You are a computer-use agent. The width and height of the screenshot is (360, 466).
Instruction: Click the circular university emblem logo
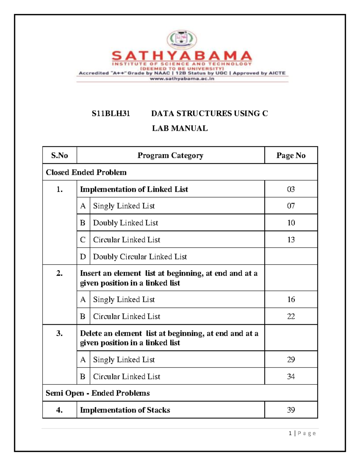click(182, 40)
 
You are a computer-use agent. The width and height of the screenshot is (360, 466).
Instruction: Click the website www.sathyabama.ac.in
click(182, 79)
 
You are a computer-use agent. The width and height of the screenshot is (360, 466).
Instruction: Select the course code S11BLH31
click(111, 113)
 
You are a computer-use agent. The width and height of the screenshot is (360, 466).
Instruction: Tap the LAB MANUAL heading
click(180, 128)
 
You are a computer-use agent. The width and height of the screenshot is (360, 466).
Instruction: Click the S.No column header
click(59, 155)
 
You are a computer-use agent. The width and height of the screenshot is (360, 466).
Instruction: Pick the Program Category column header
click(170, 155)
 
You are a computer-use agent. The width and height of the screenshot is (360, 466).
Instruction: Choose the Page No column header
click(291, 155)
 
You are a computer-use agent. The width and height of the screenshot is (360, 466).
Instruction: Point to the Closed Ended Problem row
click(86, 172)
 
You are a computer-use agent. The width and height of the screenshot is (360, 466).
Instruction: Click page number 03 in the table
click(291, 189)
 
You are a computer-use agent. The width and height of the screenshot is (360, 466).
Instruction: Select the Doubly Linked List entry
click(125, 223)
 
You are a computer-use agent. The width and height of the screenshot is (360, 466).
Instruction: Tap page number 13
click(291, 239)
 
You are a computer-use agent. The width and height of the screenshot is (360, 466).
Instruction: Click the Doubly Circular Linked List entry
click(140, 257)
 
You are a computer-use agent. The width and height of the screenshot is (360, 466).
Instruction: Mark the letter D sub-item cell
click(83, 257)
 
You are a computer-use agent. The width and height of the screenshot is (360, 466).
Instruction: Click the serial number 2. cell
click(59, 273)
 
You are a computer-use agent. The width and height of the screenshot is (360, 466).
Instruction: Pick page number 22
click(291, 316)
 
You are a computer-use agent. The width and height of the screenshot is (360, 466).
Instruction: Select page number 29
click(291, 359)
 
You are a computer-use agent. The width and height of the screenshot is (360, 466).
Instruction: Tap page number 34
click(291, 376)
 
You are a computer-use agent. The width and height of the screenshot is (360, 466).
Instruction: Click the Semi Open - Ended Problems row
click(97, 393)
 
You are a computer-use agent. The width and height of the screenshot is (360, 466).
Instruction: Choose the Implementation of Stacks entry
click(125, 410)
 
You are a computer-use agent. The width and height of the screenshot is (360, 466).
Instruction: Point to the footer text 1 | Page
click(302, 433)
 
